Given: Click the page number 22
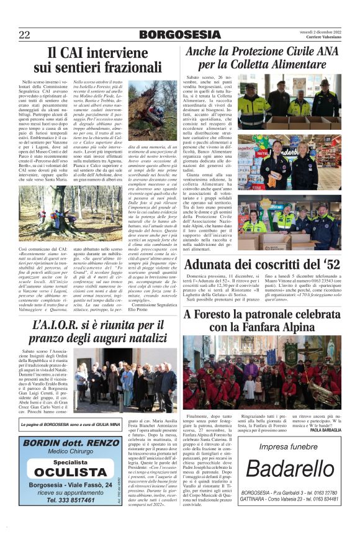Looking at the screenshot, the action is click(x=24, y=35).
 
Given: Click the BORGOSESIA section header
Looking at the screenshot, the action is click(x=179, y=35).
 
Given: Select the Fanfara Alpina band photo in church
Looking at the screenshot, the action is click(x=262, y=369).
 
